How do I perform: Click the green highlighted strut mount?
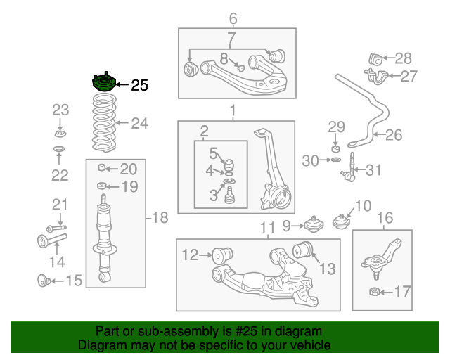pos(104,82)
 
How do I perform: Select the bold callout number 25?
pos(139,85)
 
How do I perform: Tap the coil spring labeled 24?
pos(104,123)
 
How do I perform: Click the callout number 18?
pos(160,217)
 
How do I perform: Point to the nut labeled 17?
pos(375,292)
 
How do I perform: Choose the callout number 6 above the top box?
pos(233,18)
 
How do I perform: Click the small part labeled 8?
pos(240,67)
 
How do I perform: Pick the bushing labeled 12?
pos(222,255)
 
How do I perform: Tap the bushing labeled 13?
pos(303,250)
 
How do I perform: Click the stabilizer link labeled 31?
pos(349,167)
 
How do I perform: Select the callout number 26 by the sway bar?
pos(394,135)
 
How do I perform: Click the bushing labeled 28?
pos(375,60)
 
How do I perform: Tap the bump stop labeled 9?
pos(314,224)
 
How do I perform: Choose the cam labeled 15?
pos(44,281)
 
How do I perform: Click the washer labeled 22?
pos(59,149)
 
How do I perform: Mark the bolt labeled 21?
pos(56,229)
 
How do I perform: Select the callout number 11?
pos(267,228)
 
